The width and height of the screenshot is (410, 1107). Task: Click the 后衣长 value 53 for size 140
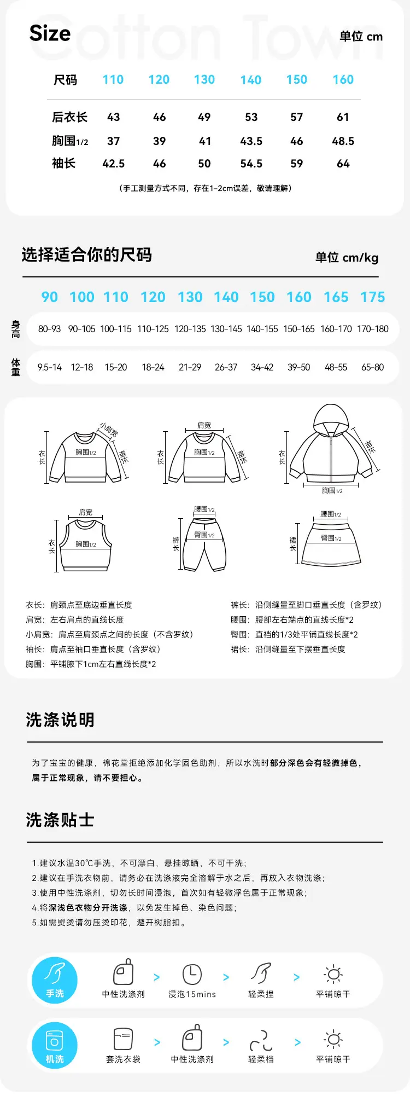coord(251,117)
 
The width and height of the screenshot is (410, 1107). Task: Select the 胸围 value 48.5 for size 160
coord(343,141)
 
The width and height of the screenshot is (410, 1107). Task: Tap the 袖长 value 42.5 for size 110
coord(114,164)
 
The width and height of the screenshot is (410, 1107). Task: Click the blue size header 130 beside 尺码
coord(204,79)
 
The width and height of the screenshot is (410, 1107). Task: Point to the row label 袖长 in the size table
coord(64,163)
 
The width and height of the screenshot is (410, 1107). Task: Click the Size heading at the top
coord(50,33)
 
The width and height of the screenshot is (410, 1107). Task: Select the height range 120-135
coord(190,329)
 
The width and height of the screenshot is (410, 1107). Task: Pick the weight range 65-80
coord(373,367)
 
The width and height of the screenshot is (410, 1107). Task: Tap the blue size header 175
coord(373,297)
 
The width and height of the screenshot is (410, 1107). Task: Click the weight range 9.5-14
coord(50,367)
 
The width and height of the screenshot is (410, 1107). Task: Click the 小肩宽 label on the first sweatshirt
coord(109,430)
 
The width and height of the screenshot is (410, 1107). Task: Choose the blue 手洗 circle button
coord(55,980)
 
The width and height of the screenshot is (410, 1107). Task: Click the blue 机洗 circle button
coord(55,1045)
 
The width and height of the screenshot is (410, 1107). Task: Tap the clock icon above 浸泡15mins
coord(192,974)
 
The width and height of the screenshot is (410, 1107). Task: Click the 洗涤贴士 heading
coord(60,820)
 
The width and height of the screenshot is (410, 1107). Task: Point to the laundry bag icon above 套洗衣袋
coord(124,1039)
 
